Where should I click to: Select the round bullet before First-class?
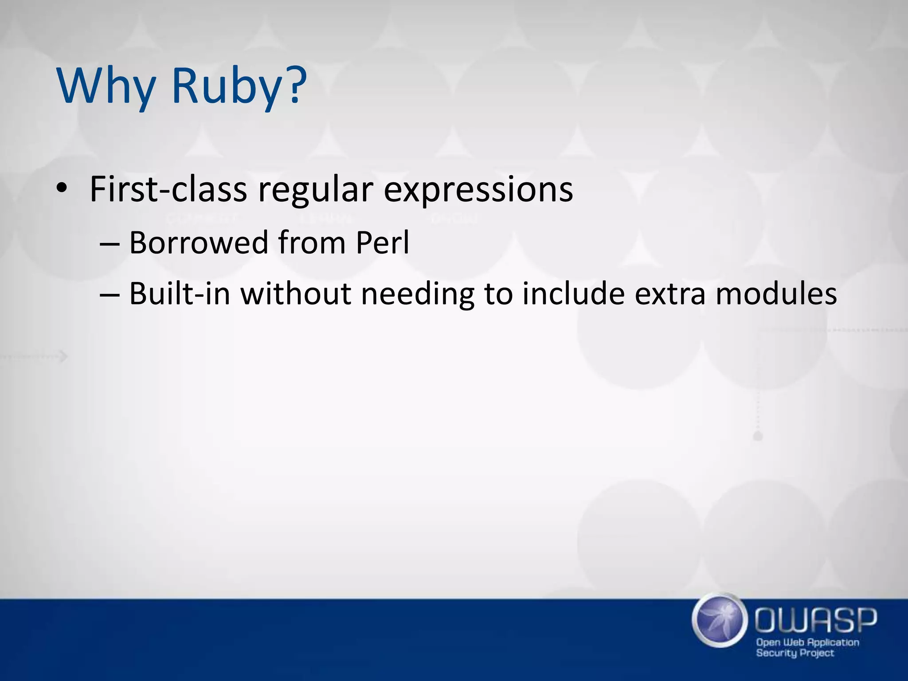tap(62, 189)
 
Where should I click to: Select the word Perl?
tap(383, 243)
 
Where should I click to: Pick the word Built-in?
tap(180, 294)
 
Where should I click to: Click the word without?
tap(296, 294)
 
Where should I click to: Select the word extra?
tap(669, 294)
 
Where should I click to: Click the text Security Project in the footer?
tap(794, 653)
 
